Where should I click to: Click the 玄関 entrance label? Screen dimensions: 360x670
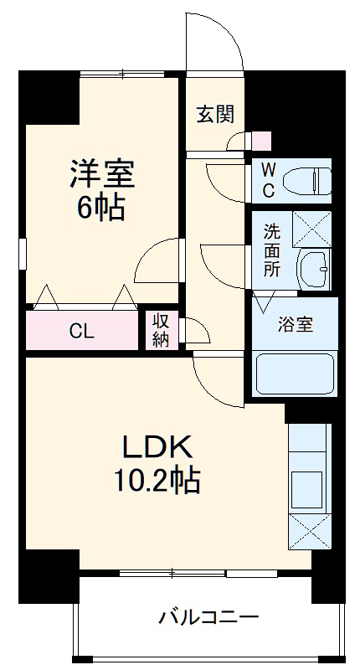click(x=216, y=115)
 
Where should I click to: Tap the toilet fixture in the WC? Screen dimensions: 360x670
click(x=307, y=181)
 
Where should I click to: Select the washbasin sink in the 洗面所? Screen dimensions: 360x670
click(x=313, y=269)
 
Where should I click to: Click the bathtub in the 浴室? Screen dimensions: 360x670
click(x=295, y=374)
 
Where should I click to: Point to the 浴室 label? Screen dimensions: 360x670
click(x=295, y=325)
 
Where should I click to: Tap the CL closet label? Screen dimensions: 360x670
click(x=81, y=331)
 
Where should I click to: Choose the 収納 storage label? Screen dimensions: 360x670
click(x=161, y=330)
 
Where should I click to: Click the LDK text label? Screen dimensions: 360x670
click(x=157, y=449)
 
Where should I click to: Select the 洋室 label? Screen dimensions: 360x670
click(x=102, y=173)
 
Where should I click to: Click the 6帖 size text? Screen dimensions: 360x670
click(x=100, y=207)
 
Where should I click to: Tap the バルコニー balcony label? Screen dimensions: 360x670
click(x=208, y=618)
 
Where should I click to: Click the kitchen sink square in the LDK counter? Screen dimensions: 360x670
click(x=306, y=490)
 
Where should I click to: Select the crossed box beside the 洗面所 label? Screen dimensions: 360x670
click(x=311, y=229)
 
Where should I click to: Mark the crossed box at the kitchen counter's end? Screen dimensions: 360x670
click(x=310, y=531)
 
